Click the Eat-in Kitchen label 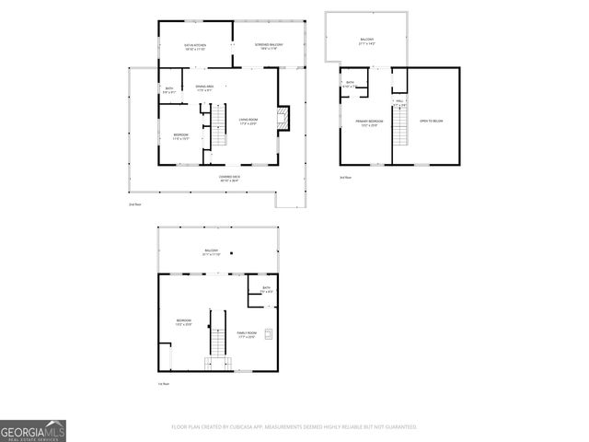(x=194, y=46)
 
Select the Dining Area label (x=205, y=87)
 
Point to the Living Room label (x=248, y=121)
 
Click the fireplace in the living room (x=284, y=118)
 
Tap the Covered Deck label (x=229, y=178)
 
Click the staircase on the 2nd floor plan (x=219, y=125)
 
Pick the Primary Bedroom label (x=369, y=122)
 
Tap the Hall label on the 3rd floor (x=398, y=103)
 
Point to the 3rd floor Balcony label (x=366, y=41)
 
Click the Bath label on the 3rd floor (x=350, y=85)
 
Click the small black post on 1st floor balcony (x=232, y=253)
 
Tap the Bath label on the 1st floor (x=266, y=290)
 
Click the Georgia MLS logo (x=32, y=431)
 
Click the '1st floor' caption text (x=161, y=384)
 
